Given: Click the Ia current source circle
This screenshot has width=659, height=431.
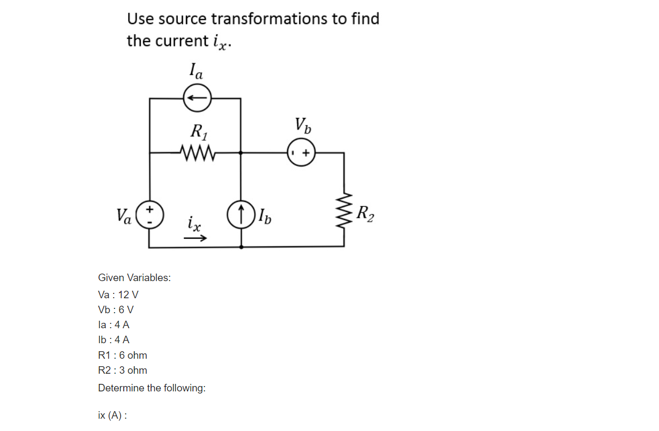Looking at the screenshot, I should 197,98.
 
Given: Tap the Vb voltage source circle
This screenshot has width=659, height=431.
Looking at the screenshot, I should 301,153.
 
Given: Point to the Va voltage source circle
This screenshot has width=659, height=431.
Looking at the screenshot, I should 150,215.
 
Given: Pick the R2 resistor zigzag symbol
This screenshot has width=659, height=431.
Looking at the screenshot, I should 344,213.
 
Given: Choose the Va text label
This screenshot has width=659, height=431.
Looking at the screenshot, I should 125,216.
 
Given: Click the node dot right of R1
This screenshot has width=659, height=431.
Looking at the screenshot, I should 241,153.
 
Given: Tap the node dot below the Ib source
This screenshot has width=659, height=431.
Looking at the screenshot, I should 241,247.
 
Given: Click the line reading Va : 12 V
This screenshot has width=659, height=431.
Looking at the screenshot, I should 118,294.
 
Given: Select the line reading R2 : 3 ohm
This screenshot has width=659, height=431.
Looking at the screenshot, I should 123,370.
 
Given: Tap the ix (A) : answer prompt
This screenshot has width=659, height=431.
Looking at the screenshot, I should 113,415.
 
